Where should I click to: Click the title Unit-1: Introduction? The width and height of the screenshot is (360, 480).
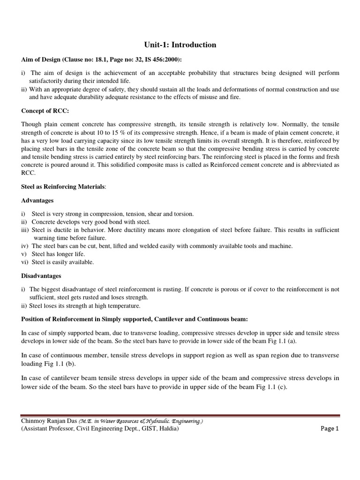pos(180,45)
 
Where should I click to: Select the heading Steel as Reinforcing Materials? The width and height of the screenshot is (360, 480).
pos(63,187)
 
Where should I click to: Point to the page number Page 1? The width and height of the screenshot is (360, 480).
pos(329,428)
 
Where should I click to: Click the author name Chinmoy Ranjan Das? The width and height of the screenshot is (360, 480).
pos(49,420)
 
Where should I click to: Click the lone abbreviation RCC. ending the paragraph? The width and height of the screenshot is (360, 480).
pos(29,172)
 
